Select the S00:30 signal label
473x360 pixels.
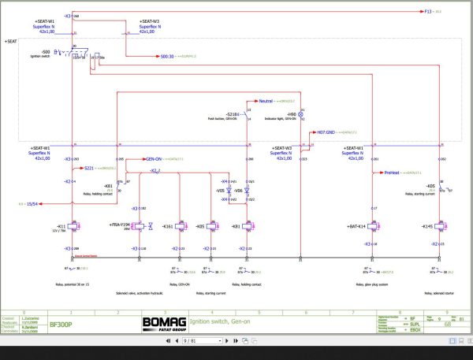[x=166, y=57]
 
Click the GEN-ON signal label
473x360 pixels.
[x=154, y=158]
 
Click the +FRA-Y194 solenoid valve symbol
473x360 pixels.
[x=140, y=227]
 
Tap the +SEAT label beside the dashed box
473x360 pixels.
[x=11, y=40]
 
